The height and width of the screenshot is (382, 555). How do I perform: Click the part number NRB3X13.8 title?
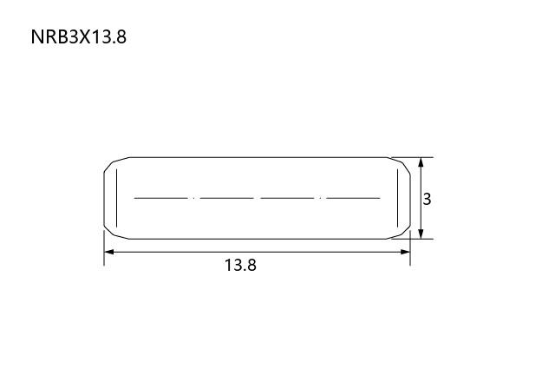point(79,36)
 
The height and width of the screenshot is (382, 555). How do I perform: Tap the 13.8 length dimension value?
point(240,265)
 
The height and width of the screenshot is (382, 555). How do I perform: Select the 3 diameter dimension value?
point(427,199)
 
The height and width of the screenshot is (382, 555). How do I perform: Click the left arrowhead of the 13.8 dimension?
point(109,252)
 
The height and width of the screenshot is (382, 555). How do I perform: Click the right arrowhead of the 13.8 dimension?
point(405,252)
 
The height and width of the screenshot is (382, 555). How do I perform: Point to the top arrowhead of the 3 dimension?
point(421,162)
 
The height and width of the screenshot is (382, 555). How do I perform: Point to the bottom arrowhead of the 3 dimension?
point(421,234)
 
